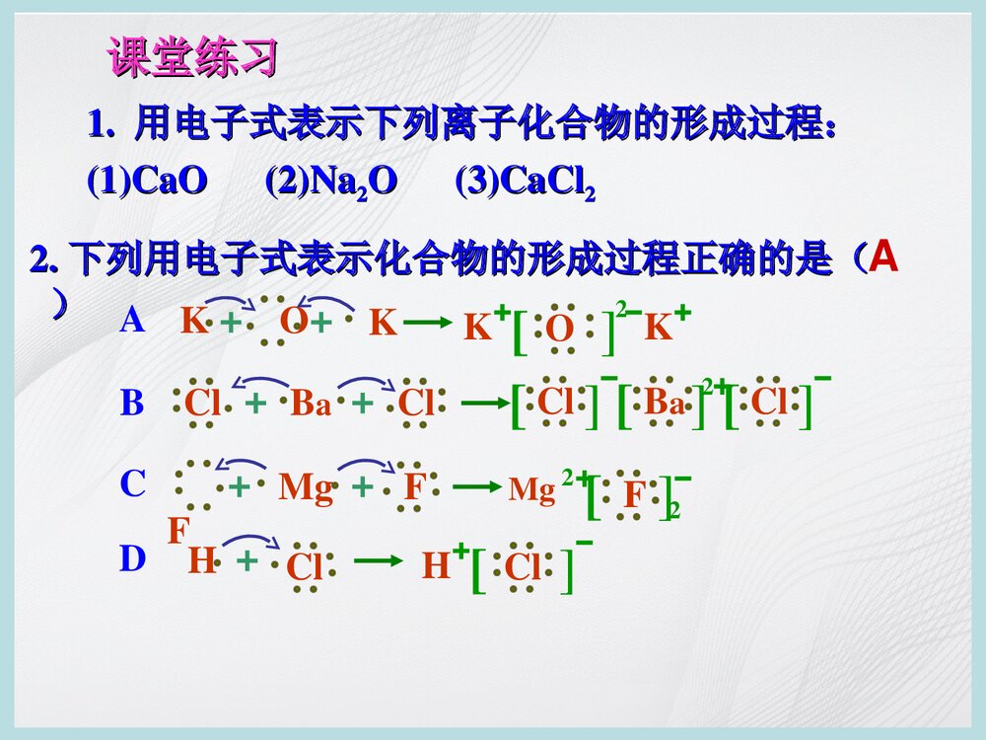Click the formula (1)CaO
(147, 182)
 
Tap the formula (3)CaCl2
(525, 183)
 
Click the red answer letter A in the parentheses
(884, 259)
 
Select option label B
(132, 404)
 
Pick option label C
(132, 484)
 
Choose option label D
(132, 559)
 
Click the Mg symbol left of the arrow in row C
(306, 487)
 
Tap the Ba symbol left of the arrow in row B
(311, 405)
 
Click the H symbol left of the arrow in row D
(201, 561)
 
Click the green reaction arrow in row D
(379, 561)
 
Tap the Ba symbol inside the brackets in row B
(664, 404)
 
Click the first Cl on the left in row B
(204, 404)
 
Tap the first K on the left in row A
(193, 321)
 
